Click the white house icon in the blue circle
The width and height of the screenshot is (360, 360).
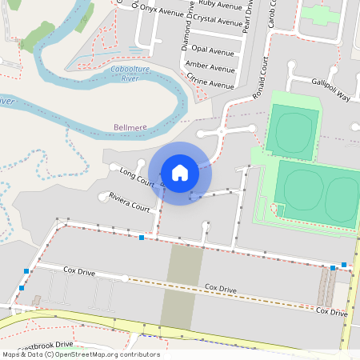pyautogui.click(x=180, y=172)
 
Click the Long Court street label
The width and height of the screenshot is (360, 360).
pyautogui.click(x=136, y=177)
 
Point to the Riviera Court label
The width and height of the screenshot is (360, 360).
pyautogui.click(x=129, y=202)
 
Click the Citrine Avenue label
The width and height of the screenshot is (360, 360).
pyautogui.click(x=210, y=81)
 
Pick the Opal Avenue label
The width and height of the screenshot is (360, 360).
pyautogui.click(x=212, y=50)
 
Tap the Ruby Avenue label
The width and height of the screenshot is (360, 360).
pyautogui.click(x=221, y=5)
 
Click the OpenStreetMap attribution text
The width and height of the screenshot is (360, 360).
pyautogui.click(x=80, y=354)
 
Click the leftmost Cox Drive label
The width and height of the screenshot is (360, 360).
pyautogui.click(x=79, y=273)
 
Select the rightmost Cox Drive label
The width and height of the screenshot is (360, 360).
pyautogui.click(x=331, y=311)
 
